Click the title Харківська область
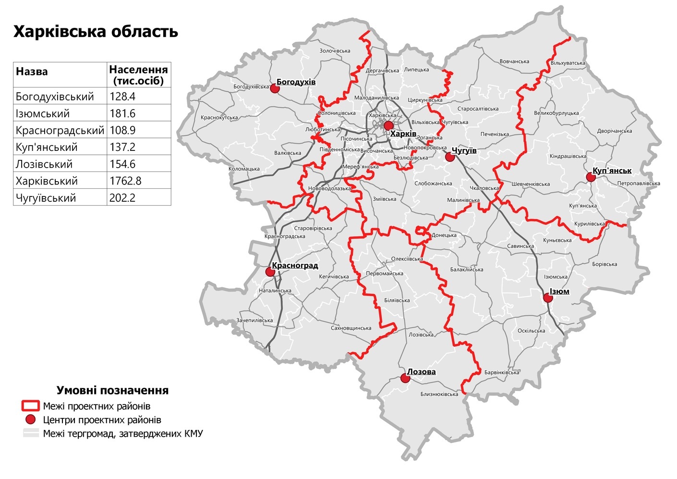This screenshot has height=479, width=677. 96,32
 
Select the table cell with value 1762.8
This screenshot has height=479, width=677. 122,181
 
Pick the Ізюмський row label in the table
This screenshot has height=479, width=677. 43,114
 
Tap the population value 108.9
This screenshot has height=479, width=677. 122,131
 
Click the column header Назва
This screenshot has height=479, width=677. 32,72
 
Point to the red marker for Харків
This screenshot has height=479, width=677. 388,126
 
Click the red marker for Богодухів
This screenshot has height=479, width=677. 275,88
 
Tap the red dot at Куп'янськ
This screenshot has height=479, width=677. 591,177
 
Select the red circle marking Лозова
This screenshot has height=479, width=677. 405,379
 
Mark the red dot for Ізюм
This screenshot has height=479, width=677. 548,298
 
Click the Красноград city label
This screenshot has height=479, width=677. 295,266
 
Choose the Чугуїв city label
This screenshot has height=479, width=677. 464,151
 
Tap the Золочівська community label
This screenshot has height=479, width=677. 335,51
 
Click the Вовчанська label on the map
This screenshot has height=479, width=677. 514,61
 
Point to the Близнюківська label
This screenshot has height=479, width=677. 439,394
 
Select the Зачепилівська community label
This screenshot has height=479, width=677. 254,320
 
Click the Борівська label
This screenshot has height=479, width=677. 604,264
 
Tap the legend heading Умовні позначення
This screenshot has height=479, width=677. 112,390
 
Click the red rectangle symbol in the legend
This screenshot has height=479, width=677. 30,406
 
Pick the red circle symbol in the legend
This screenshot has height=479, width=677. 30,420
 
